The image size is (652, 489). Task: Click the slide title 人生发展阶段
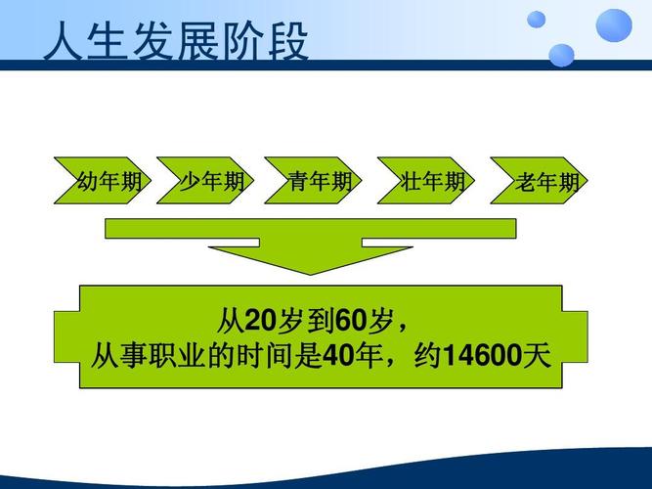tap(176, 44)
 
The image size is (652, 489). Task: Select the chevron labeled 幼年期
tap(104, 181)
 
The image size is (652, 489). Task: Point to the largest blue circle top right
tap(614, 25)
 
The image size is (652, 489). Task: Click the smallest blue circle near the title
tap(537, 20)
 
